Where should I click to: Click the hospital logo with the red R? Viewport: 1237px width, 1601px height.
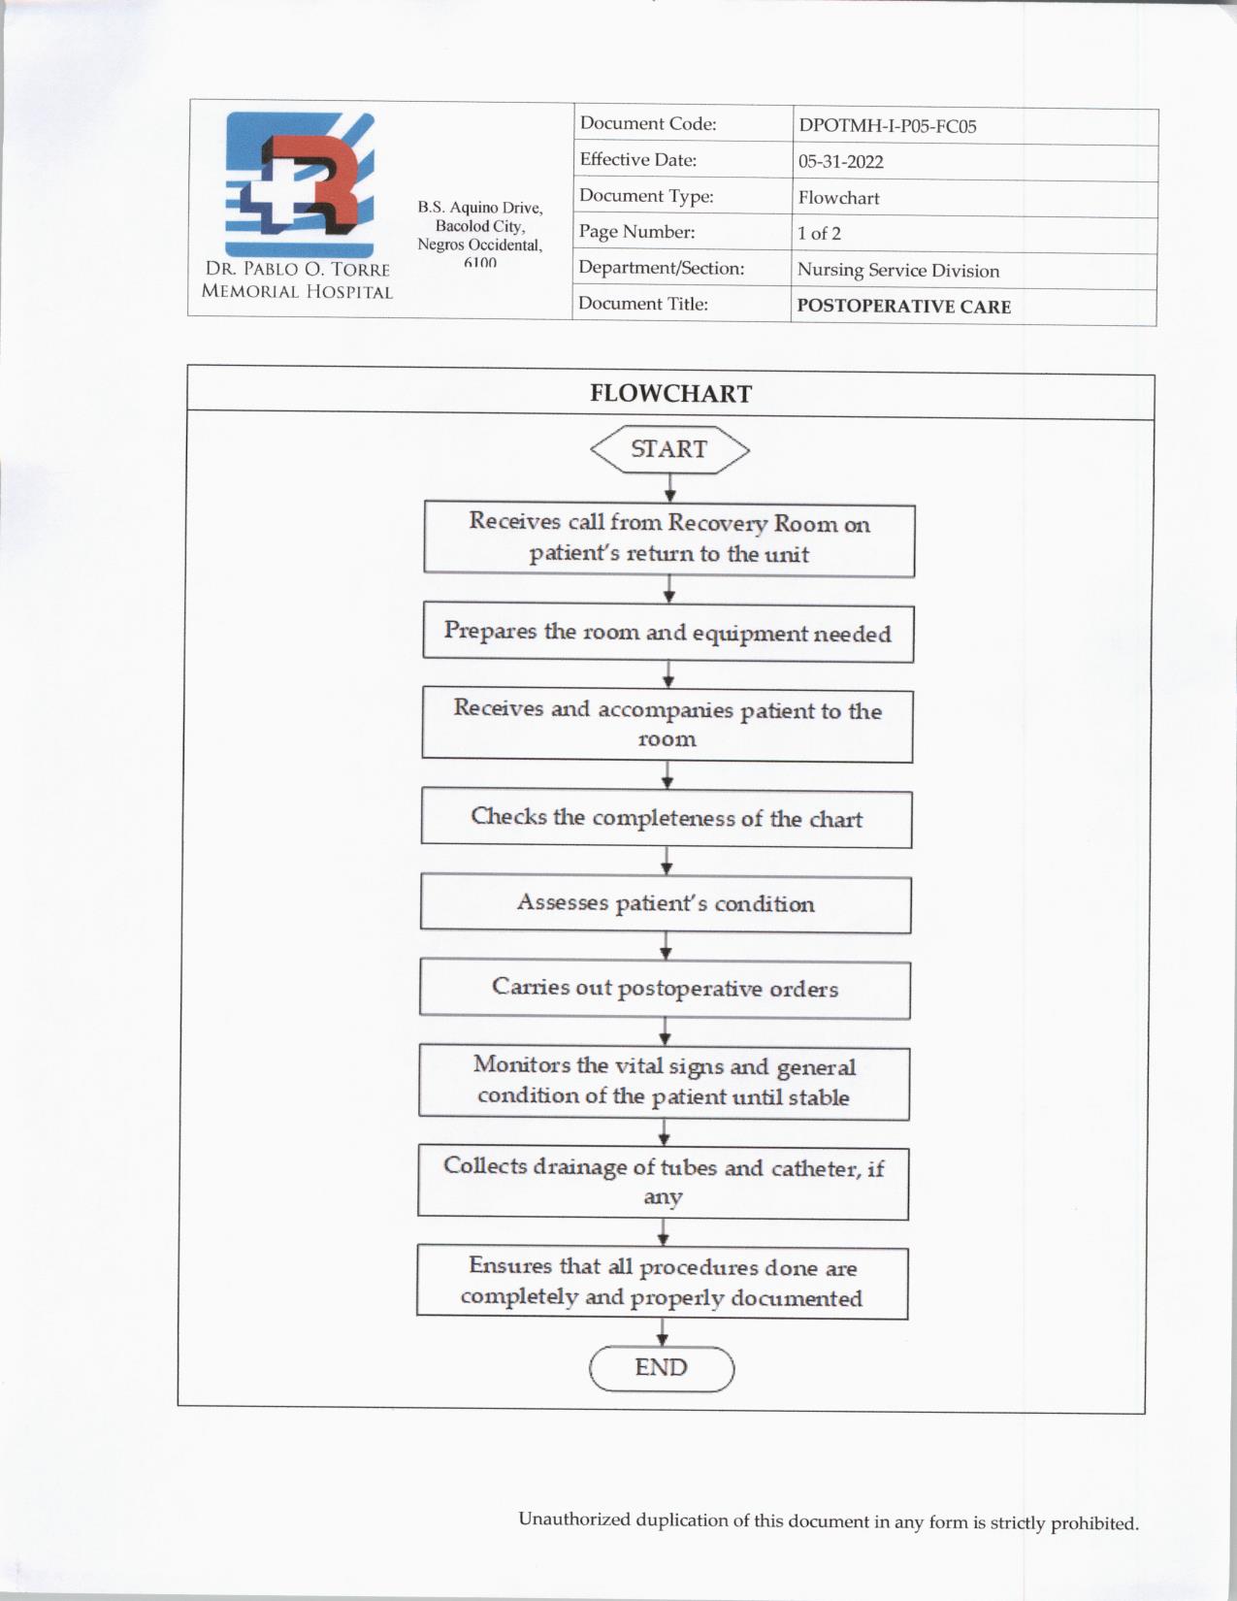[300, 183]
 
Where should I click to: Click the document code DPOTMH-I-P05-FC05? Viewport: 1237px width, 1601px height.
[887, 126]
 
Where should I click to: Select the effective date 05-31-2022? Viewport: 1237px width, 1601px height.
[840, 162]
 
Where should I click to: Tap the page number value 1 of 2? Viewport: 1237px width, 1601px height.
[819, 234]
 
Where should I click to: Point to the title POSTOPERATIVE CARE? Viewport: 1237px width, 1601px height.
[903, 307]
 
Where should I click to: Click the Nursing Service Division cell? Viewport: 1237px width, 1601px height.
[897, 271]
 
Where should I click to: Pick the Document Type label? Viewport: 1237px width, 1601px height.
[646, 196]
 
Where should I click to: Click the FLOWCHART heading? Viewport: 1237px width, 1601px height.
[670, 393]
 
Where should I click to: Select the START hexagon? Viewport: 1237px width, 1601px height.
[669, 449]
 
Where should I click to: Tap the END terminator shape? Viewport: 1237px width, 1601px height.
[662, 1368]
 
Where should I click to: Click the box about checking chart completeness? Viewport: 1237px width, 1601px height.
[667, 818]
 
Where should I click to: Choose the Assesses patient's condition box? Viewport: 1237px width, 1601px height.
[666, 904]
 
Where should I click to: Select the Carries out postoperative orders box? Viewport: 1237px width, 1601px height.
[665, 989]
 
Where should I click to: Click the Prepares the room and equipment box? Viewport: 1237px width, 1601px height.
[667, 633]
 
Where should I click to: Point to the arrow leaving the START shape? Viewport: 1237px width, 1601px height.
[670, 488]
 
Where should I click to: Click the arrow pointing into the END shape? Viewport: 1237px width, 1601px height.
[663, 1333]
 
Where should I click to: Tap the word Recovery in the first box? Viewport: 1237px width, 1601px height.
[717, 523]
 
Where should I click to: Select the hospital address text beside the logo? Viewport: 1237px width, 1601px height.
[480, 234]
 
